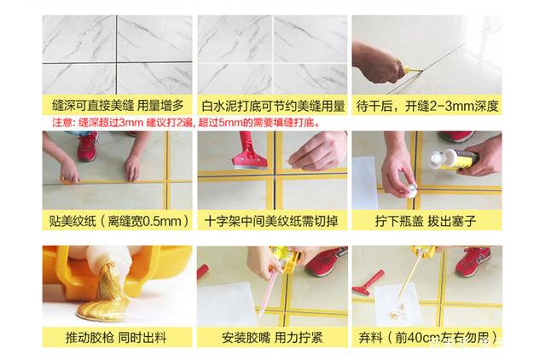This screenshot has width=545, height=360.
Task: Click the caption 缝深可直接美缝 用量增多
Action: pyautogui.click(x=114, y=107)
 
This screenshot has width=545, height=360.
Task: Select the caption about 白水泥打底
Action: pyautogui.click(x=273, y=107)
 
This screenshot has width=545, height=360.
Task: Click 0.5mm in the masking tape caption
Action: pyautogui.click(x=160, y=222)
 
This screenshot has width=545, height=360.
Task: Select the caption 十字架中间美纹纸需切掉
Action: pyautogui.click(x=273, y=222)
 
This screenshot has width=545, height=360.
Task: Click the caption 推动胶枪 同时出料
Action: pyautogui.click(x=114, y=337)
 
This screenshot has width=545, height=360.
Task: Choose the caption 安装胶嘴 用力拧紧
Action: pyautogui.click(x=273, y=337)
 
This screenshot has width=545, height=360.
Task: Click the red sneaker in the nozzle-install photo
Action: pyautogui.click(x=326, y=260)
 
